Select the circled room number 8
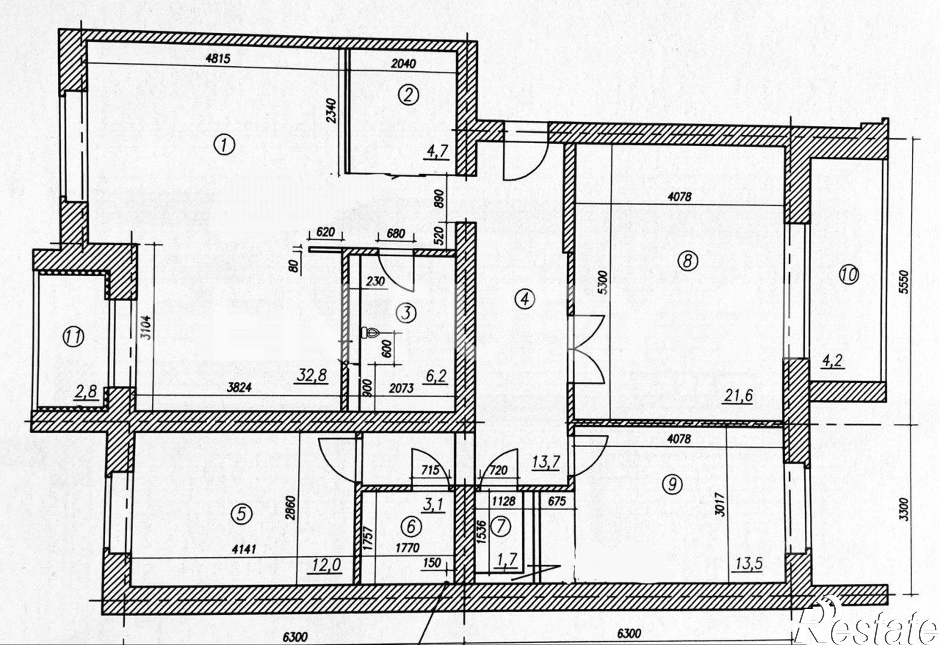[687, 260]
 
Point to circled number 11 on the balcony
[74, 337]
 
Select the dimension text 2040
[403, 63]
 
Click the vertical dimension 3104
[147, 331]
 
